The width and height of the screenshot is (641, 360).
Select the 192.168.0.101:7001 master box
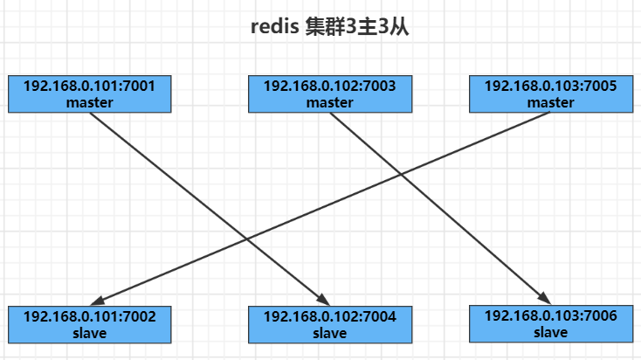[x=90, y=94]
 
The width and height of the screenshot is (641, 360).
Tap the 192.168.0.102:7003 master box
[x=330, y=94]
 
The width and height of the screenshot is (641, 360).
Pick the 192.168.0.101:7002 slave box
[x=90, y=324]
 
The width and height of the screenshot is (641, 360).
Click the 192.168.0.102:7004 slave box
[x=330, y=324]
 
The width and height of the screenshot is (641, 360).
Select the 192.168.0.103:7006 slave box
[x=550, y=323]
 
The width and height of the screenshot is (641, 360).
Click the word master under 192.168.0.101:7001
[x=90, y=102]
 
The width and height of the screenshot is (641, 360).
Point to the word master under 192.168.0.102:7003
[x=330, y=102]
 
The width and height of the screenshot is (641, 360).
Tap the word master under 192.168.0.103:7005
[x=550, y=102]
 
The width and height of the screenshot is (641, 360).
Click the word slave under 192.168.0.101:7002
[x=90, y=332]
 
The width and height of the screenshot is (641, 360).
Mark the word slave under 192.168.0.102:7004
[x=330, y=332]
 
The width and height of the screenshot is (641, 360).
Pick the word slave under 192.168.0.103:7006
[x=550, y=332]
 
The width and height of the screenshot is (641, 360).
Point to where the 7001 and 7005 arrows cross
[x=246, y=239]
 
